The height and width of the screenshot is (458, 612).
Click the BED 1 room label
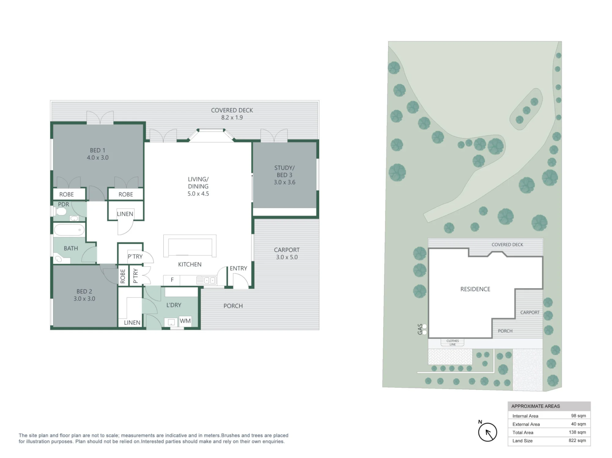coord(98,154)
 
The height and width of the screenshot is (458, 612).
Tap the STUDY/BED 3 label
coord(285,175)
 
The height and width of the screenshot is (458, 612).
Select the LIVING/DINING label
coord(198,186)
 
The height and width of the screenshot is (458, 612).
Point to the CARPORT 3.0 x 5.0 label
coord(287,253)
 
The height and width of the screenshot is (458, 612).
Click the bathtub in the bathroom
coord(69,230)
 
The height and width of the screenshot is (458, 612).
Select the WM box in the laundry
coord(185,321)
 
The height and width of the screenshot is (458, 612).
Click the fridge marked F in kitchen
coord(172,280)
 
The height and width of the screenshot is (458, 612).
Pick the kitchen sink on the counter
coord(207,280)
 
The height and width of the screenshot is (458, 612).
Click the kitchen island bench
coord(190,246)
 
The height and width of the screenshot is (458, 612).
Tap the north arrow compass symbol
coord(487,432)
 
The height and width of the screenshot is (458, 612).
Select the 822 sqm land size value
coord(577,441)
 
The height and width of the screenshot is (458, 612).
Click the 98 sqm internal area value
coord(578,416)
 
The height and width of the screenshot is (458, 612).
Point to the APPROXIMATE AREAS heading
coord(535,406)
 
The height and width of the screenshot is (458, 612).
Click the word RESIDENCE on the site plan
coord(475,289)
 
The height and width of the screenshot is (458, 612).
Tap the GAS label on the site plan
coord(420,329)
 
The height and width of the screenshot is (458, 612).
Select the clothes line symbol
coord(452,342)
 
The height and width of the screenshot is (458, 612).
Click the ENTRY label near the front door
coord(238,268)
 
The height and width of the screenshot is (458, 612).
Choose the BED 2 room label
coord(84,295)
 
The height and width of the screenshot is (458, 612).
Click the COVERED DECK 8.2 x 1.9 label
coord(232,114)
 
